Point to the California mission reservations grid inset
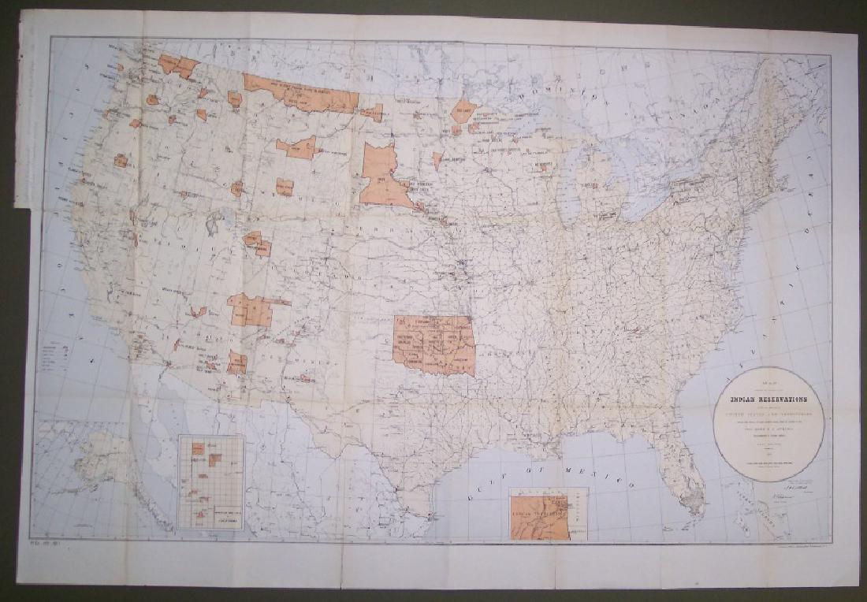coord(210,481)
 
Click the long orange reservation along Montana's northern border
coord(300,91)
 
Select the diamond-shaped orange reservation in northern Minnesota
coord(464,111)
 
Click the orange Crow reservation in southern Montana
coord(296,147)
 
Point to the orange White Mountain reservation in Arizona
coord(236,362)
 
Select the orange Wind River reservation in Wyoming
coord(285,187)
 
